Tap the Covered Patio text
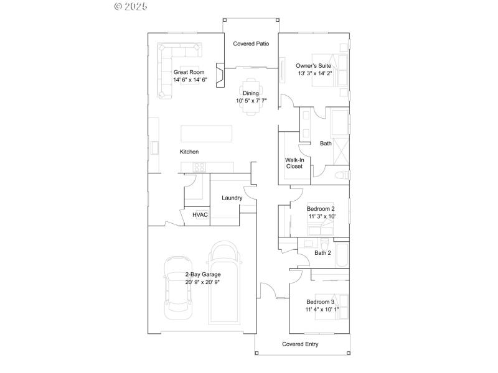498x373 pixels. click(x=250, y=44)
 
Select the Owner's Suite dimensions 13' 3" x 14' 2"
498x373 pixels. click(x=315, y=73)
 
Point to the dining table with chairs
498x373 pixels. click(x=251, y=96)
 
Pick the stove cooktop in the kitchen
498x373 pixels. click(x=199, y=167)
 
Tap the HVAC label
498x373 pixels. click(x=200, y=215)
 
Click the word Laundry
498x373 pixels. click(x=232, y=198)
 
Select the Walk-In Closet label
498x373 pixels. click(x=294, y=163)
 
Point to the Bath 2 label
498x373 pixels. click(x=322, y=253)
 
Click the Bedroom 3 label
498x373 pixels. click(x=320, y=302)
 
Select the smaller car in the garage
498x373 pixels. click(x=178, y=286)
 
